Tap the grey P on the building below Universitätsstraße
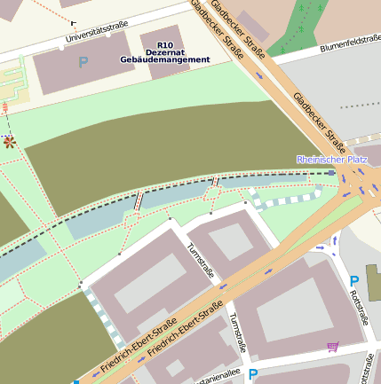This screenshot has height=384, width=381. click(83, 63)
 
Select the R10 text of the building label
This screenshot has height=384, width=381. click(164, 44)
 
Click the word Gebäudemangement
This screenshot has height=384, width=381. click(165, 59)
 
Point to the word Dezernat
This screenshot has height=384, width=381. click(164, 51)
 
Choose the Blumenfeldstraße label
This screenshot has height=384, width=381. click(350, 43)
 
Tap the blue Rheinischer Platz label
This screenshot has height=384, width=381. click(331, 160)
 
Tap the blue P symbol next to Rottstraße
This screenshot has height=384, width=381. click(353, 281)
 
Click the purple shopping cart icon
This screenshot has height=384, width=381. click(333, 346)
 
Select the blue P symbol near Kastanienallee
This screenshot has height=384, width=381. click(253, 375)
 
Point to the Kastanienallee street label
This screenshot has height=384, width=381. click(213, 377)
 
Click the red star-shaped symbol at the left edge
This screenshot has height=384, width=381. click(9, 141)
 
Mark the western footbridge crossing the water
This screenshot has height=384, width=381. click(138, 201)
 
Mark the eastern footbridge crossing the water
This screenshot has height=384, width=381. click(214, 184)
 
